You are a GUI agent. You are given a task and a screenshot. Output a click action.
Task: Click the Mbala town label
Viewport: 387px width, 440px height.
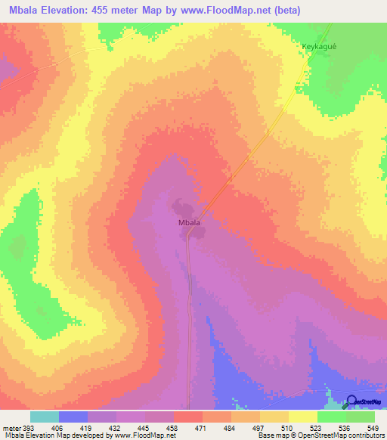click(x=189, y=223)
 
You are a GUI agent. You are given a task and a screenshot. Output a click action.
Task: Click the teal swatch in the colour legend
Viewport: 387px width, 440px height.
click(x=45, y=417)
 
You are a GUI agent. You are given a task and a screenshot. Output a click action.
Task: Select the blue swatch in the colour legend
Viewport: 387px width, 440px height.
click(x=73, y=417)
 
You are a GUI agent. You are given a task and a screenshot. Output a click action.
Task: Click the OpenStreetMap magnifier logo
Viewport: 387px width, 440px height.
click(x=351, y=402)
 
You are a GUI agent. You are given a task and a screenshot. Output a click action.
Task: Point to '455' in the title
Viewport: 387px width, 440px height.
click(x=113, y=11)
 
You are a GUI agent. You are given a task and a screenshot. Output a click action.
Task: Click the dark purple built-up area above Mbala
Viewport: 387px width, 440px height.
click(x=181, y=206)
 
